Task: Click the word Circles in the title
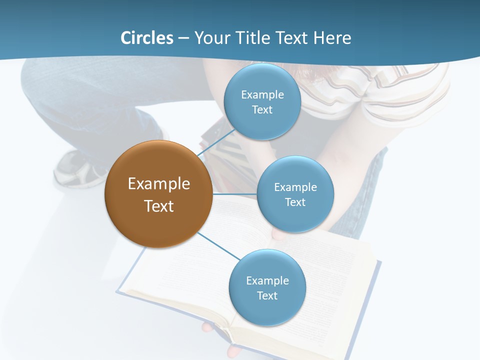click(146, 38)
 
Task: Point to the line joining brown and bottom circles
click(218, 245)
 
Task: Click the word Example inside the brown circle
click(159, 183)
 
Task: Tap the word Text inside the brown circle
click(159, 206)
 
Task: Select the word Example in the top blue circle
click(262, 94)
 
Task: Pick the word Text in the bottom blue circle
click(267, 295)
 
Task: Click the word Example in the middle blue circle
click(295, 187)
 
